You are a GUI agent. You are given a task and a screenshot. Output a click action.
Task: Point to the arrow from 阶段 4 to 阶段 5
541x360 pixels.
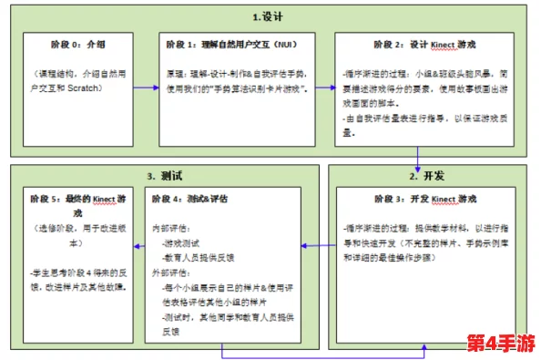pos(139,243)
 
